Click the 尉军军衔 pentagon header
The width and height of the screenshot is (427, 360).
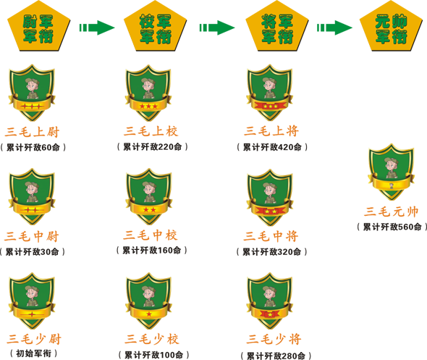tap(38, 26)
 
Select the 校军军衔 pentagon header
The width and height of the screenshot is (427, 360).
tap(156, 26)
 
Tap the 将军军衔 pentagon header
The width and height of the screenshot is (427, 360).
tap(277, 26)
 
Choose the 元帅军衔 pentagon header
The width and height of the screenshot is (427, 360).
tap(392, 26)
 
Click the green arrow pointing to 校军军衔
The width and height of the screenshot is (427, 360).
tap(97, 28)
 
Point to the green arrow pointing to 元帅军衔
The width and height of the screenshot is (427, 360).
tap(334, 28)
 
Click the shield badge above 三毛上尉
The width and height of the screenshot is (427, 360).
tap(32, 93)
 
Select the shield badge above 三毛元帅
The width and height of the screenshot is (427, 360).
tap(392, 172)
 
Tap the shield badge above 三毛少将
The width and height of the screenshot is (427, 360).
tap(270, 301)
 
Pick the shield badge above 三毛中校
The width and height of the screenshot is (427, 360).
tap(148, 197)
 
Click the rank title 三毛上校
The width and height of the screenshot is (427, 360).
tap(151, 131)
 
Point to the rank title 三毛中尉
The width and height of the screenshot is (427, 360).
tap(32, 236)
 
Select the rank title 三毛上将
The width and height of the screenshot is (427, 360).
tap(271, 131)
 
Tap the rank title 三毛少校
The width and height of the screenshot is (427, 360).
tap(152, 339)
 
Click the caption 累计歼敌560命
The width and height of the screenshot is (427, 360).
tap(392, 227)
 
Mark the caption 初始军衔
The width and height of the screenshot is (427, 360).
tap(34, 353)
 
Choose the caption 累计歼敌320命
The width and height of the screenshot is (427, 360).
tap(272, 251)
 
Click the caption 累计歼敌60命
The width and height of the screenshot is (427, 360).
tap(33, 148)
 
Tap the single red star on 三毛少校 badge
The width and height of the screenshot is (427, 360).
tap(149, 314)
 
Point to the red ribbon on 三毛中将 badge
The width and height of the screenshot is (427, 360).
tap(271, 211)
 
